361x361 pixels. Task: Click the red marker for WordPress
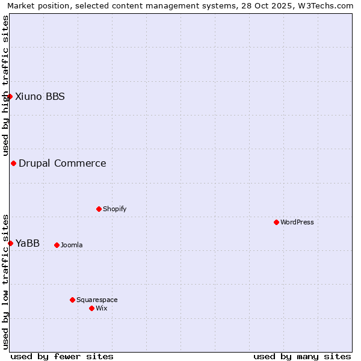pos(276,222)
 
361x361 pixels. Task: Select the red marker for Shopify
pos(99,209)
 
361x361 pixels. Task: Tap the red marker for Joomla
pos(57,245)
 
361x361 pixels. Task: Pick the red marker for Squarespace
pos(72,300)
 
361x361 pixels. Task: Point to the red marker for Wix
pos(91,308)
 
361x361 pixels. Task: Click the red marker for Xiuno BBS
pos(10,96)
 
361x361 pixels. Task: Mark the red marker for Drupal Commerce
pos(13,163)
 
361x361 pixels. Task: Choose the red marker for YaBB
pos(10,243)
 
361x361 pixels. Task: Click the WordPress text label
pos(297,222)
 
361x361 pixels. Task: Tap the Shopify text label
pos(114,209)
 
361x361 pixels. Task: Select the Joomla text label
pos(72,245)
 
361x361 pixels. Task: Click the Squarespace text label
pos(97,300)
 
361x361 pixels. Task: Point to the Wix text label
pos(102,308)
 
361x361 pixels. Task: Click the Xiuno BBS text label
pos(40,96)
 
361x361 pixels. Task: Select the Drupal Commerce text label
pos(63,163)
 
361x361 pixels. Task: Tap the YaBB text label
pos(28,243)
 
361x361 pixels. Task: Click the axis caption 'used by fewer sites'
pos(62,356)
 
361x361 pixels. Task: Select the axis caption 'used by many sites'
pos(302,356)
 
